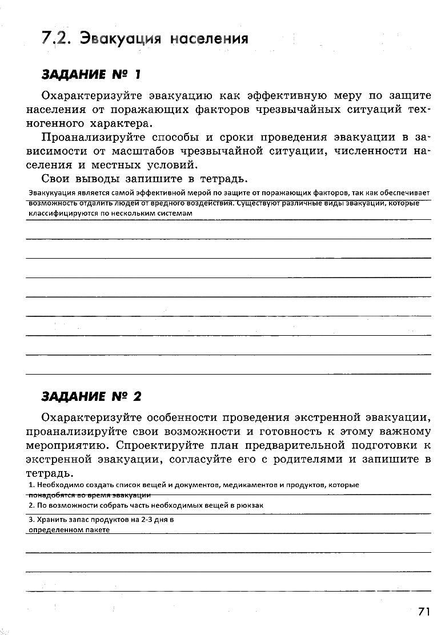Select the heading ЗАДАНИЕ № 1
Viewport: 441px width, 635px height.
coord(91,74)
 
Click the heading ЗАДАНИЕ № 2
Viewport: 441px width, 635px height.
coord(91,396)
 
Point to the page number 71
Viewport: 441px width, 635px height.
coord(423,612)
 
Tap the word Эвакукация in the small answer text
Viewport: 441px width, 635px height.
coord(48,193)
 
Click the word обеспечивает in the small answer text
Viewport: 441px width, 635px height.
coord(407,193)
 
